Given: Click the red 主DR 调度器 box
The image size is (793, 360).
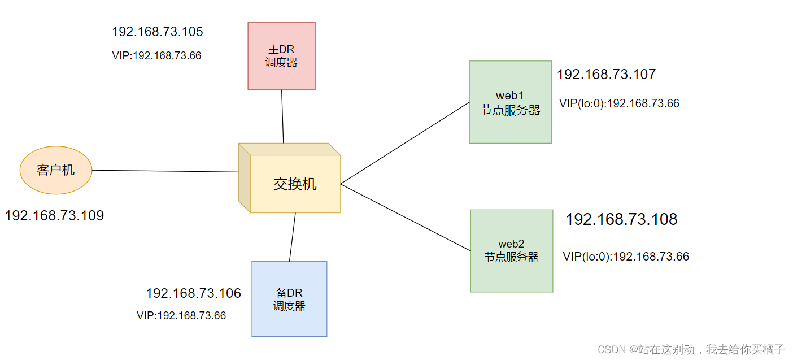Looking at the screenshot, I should click(x=281, y=56).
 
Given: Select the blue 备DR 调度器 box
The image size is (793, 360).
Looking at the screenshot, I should click(x=289, y=298).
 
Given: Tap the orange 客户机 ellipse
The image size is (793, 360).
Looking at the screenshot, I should click(x=56, y=170).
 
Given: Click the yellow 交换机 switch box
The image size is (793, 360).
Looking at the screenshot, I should click(x=295, y=184).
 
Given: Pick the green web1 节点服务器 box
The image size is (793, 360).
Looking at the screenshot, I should click(x=510, y=102).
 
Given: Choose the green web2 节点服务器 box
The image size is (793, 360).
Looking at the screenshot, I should click(x=511, y=250).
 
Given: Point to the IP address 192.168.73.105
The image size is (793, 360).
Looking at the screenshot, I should click(x=158, y=32).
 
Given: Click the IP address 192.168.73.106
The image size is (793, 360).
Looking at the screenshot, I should click(x=193, y=293).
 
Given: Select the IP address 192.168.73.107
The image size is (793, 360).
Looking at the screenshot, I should click(x=606, y=74).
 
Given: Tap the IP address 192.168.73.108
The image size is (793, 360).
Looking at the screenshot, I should click(x=621, y=220).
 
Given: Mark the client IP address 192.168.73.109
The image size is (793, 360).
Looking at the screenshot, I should click(x=54, y=215).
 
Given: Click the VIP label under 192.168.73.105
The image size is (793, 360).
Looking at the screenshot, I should click(x=156, y=56).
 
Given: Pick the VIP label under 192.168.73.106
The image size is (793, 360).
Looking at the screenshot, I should click(x=181, y=316).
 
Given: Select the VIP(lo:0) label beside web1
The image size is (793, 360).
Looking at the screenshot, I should click(x=619, y=103).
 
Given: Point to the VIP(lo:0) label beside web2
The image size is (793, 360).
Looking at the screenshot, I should click(x=626, y=257).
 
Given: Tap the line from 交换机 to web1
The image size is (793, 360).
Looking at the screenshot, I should click(x=405, y=143).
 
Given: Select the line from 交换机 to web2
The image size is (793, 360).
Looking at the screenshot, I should click(x=406, y=218).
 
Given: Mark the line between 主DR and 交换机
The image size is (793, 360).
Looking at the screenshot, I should click(x=282, y=116).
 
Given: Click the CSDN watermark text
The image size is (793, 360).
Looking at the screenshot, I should click(x=691, y=349).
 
